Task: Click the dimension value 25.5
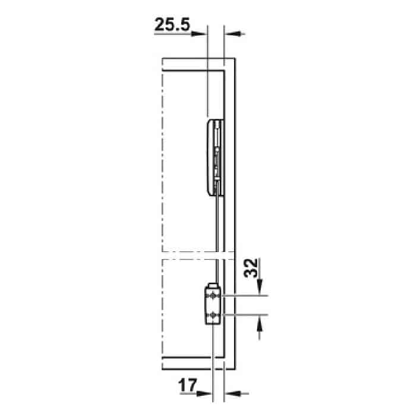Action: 172,25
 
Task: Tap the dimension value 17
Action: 188,385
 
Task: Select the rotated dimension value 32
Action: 251,267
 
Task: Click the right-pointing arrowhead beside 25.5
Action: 198,34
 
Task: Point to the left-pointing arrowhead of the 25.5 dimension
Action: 233,34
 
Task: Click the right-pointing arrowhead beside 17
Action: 204,393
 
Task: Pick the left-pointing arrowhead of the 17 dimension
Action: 233,393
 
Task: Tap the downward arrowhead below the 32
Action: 260,287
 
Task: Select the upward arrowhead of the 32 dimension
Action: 260,323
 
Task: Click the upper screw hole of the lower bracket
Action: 213,295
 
